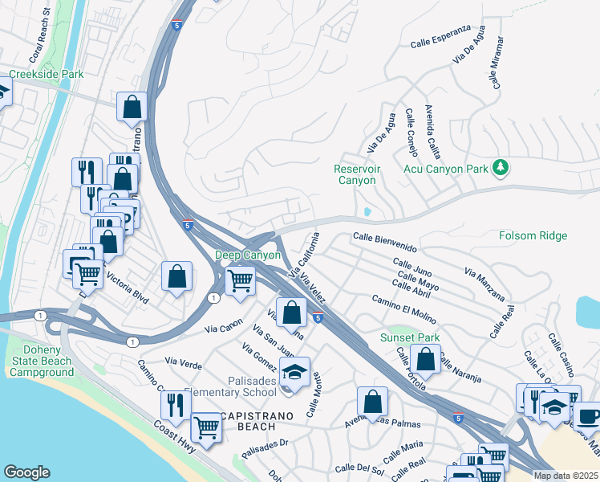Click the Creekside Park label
click(x=46, y=75)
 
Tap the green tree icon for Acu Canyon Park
click(x=501, y=167)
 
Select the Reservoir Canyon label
click(x=356, y=174)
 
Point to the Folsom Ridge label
click(x=533, y=235)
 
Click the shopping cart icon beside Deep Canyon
click(x=240, y=282)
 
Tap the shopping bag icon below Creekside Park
click(x=132, y=107)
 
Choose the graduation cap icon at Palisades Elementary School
click(x=295, y=373)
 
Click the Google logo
click(x=26, y=472)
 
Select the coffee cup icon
click(x=588, y=417)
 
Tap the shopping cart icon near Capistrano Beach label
click(x=207, y=427)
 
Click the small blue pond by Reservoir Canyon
click(x=367, y=212)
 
